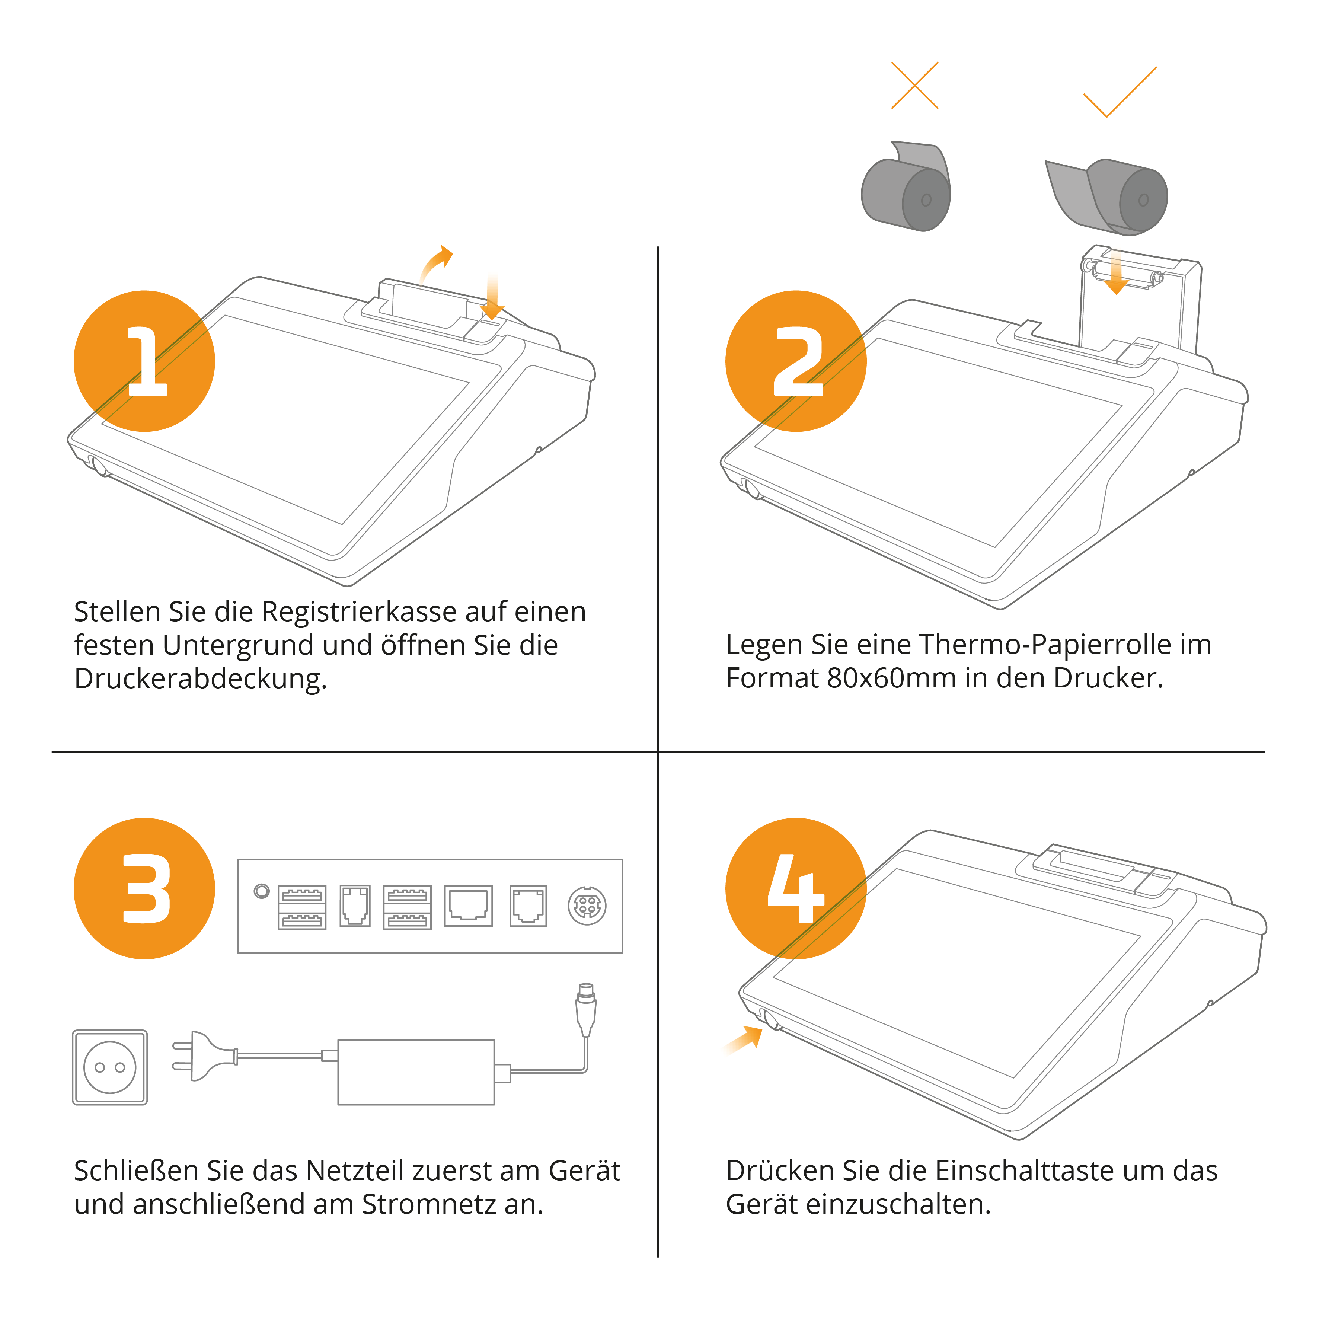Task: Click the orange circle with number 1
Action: tap(144, 361)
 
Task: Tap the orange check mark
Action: tap(1120, 92)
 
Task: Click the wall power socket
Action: tap(110, 1067)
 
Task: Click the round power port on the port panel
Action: tap(587, 906)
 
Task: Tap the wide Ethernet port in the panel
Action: tap(468, 905)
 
